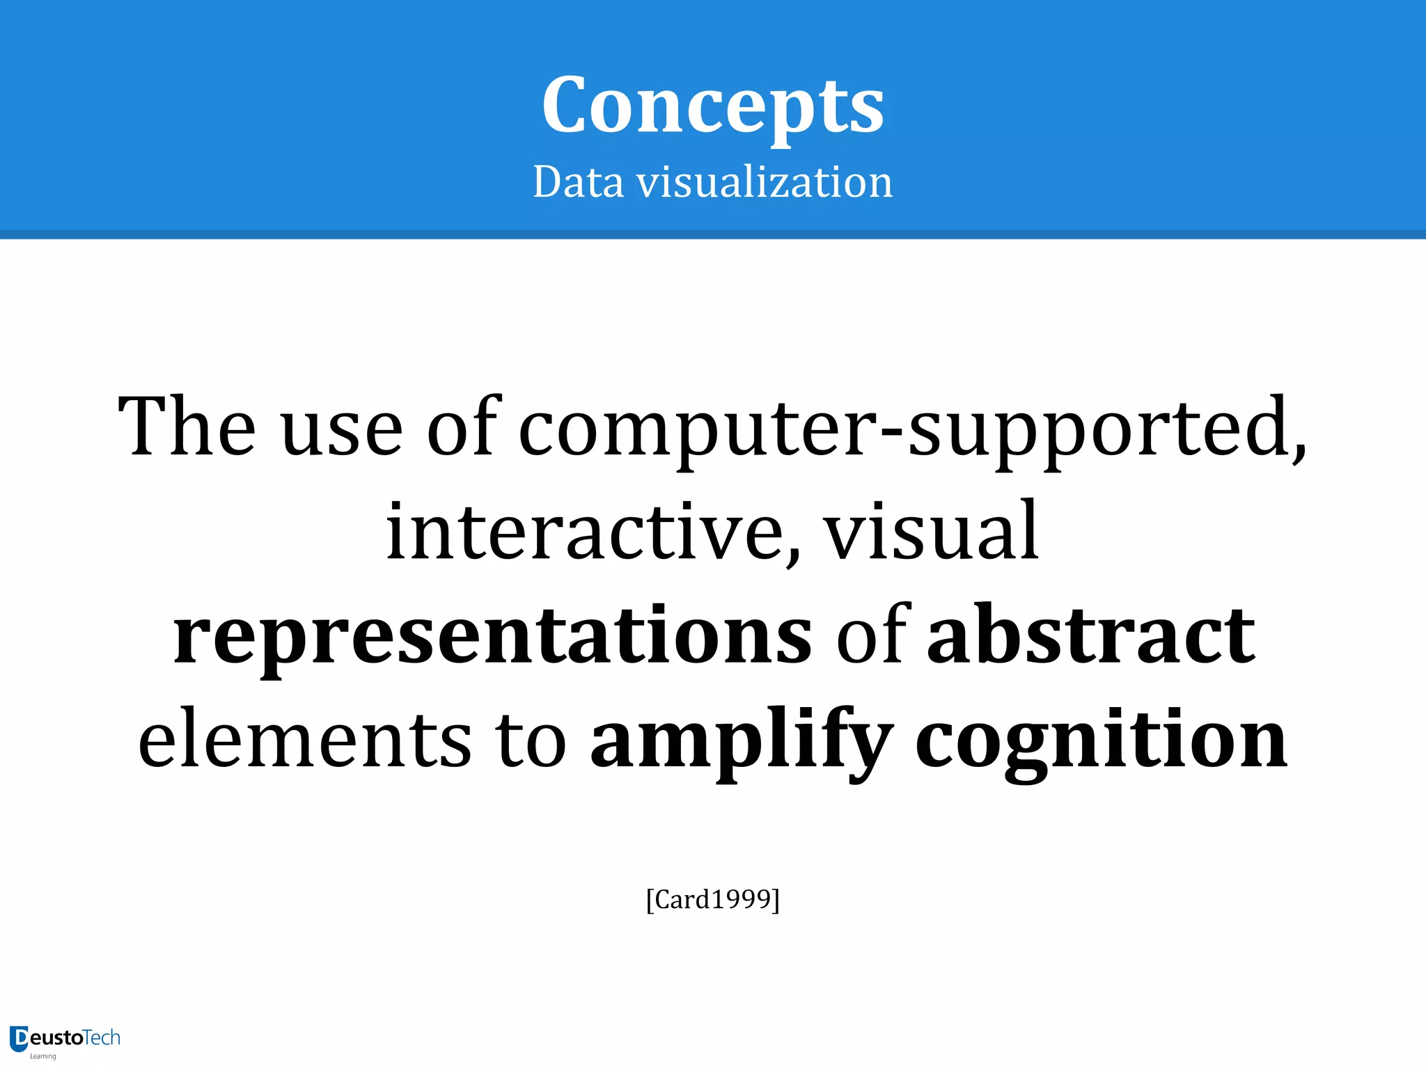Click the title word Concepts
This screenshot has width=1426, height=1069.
coord(712,106)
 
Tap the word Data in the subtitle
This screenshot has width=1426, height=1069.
coord(578,182)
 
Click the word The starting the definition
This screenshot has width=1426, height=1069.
coord(187,426)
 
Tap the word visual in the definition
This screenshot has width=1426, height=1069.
coord(932,532)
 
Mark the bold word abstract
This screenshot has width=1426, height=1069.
coord(1091,635)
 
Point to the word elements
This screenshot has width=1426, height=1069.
coord(305,739)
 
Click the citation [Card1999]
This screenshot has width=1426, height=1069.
coord(712,899)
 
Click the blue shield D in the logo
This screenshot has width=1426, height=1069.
coord(19,1038)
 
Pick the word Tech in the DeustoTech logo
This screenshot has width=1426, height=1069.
coord(102,1038)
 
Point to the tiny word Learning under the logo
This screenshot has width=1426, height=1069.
coord(43,1056)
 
